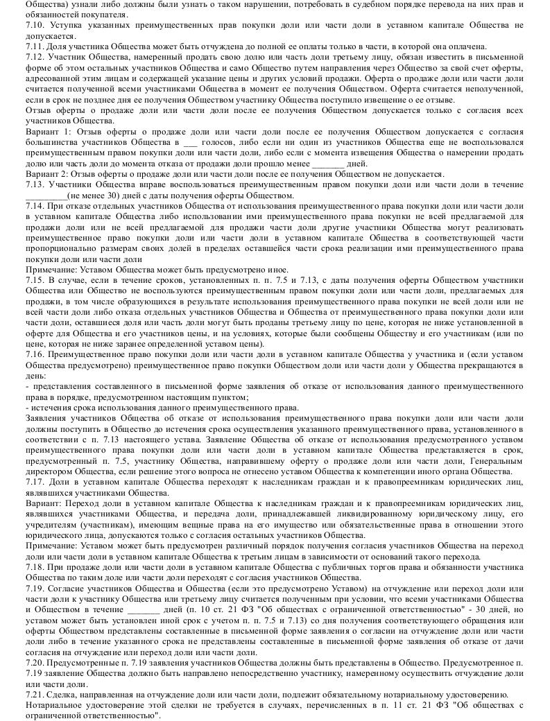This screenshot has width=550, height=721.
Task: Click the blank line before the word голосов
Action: (x=187, y=142)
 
